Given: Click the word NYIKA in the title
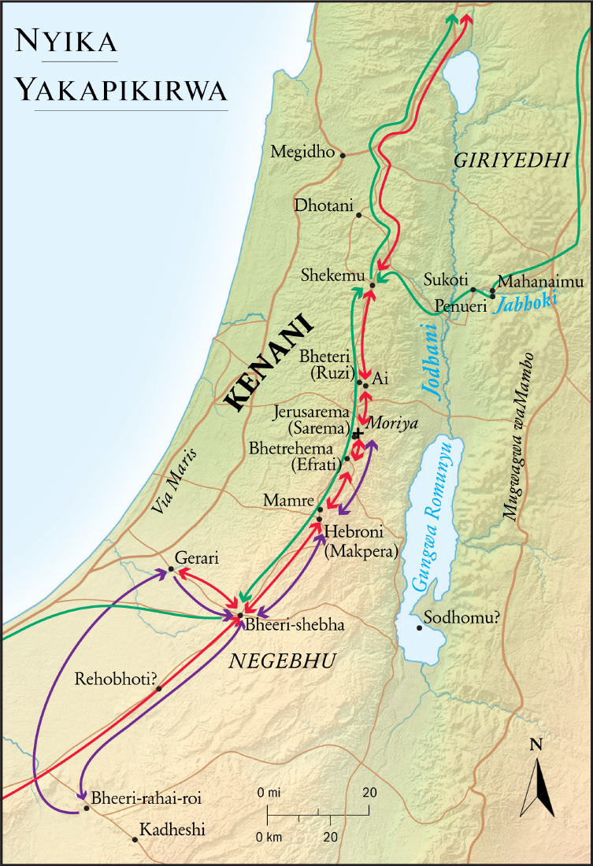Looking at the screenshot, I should [x=66, y=42].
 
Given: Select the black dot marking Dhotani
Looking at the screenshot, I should [x=359, y=215].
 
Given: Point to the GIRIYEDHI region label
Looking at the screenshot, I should [x=511, y=161].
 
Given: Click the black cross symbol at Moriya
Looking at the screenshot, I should [x=358, y=434].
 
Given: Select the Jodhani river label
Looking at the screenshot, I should [x=427, y=359].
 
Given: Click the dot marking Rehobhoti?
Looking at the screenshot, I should [x=159, y=689].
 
